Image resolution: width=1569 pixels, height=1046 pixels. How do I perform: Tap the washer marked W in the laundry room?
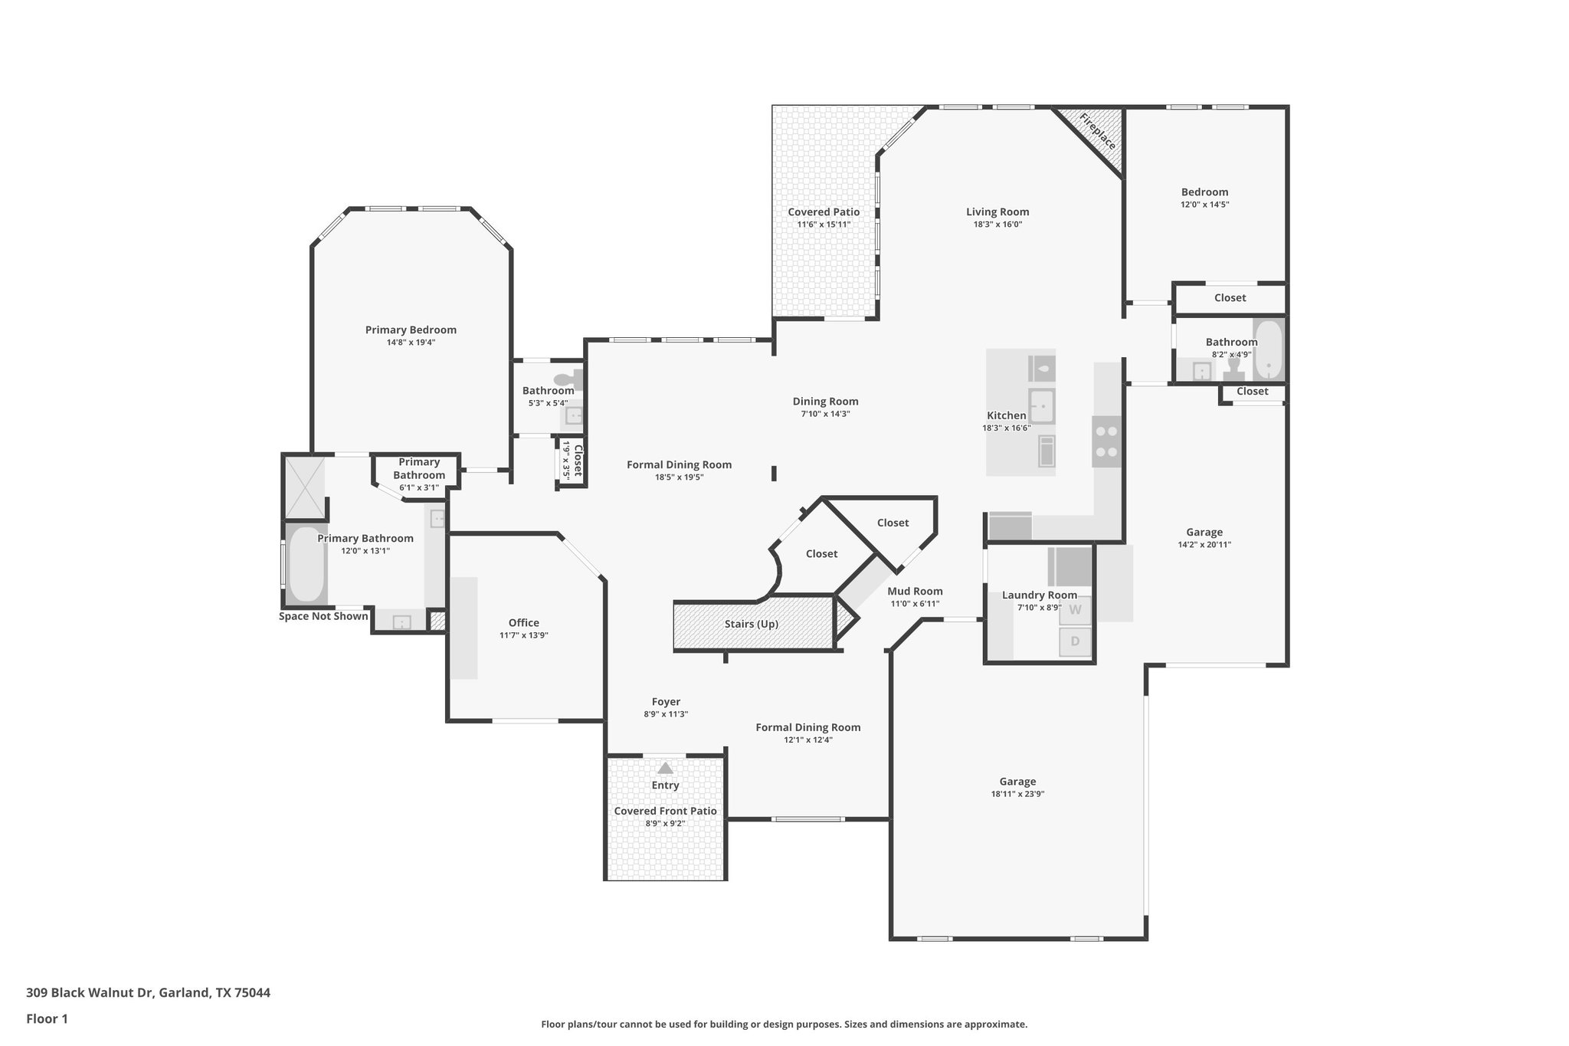coord(1075,610)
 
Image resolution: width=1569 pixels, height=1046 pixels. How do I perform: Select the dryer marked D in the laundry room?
coord(1075,641)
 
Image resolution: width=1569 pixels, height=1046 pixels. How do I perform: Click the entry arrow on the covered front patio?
coord(665,768)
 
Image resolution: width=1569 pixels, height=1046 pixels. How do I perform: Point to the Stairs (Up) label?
coord(752,624)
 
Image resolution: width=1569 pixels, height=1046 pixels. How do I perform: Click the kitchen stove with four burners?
coord(1106,441)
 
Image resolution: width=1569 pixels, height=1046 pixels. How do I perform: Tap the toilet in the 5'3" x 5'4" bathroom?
coord(566,379)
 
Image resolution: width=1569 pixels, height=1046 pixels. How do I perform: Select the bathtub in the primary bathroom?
coord(306,564)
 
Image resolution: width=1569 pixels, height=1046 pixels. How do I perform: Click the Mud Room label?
coord(915,591)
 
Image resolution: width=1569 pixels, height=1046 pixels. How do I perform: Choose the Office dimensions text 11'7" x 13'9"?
coord(524,635)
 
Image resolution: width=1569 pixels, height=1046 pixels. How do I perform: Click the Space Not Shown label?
coord(323,616)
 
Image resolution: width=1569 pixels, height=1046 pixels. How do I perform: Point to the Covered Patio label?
coord(824,212)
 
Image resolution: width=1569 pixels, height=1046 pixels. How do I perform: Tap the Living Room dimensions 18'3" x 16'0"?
coord(997,225)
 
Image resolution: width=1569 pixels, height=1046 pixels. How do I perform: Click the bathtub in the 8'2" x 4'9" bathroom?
coord(1268,350)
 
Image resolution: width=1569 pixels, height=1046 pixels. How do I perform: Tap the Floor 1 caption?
coord(47,1019)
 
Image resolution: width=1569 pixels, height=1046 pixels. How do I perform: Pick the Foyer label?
coord(666,701)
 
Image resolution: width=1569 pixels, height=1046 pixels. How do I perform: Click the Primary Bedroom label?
coord(411,330)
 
